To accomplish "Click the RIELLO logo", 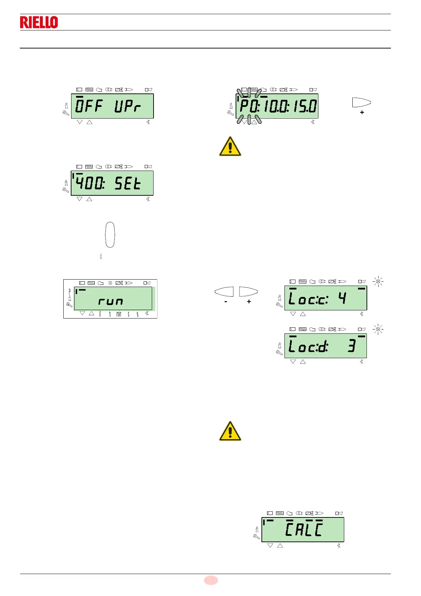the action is pos(39,22).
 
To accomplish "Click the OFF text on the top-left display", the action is pos(89,106).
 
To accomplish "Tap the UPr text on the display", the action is pos(128,106).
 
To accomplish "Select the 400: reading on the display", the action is pos(90,183).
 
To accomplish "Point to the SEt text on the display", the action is pos(128,183).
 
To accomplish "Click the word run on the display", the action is pos(111,302).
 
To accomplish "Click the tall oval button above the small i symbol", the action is pos(110,235).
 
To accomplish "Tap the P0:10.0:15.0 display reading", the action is pos(278,106).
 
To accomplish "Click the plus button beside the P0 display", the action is pos(362,102).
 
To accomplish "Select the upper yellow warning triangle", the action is pos(230,147).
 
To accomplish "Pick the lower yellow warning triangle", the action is pos(230,431).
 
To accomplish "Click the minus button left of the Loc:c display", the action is pos(224,291).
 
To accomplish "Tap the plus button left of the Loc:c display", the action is pos(248,291).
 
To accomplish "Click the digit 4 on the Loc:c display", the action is pos(342,298).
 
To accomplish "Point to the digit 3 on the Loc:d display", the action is pos(351,346).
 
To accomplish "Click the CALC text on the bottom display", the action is pos(304,529).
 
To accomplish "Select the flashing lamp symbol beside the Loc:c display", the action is pos(378,282).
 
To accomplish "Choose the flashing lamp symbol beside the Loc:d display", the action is pos(378,329).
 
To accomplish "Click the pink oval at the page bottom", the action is pos(211,580).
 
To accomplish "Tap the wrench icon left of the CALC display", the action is pos(256,537).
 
